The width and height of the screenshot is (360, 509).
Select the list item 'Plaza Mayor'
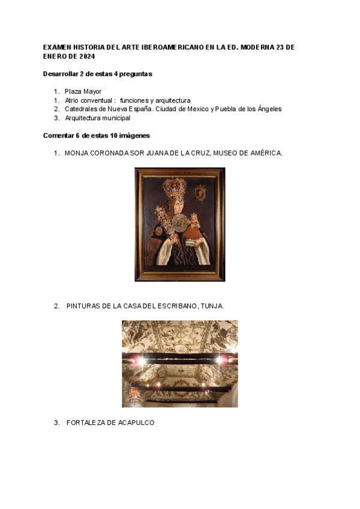point(83,91)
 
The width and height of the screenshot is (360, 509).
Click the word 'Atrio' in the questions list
point(73,100)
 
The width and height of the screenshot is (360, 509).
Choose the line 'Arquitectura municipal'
point(97,118)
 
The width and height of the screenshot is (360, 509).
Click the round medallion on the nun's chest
point(178,225)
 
